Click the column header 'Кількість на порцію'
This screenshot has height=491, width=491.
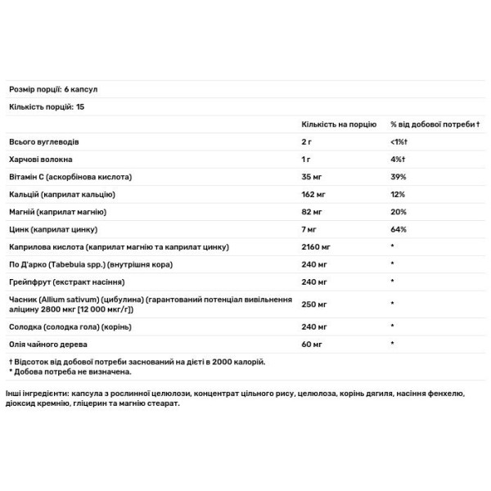(x=339, y=124)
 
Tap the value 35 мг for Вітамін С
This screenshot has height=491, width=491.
(x=312, y=176)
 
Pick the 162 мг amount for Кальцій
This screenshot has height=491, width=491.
(x=314, y=194)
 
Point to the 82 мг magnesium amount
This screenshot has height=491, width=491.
(x=312, y=211)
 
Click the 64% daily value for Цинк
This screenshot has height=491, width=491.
(x=399, y=229)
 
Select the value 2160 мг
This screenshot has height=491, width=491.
(x=317, y=246)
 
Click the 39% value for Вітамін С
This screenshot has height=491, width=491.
(x=399, y=176)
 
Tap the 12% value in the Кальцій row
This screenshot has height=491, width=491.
(x=398, y=194)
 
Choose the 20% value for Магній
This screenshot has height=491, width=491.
(x=399, y=211)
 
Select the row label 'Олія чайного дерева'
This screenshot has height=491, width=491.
(x=47, y=344)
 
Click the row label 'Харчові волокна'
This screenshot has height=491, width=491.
(x=38, y=159)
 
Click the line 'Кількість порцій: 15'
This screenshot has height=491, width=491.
(x=47, y=106)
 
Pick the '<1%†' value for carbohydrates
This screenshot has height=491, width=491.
(x=400, y=141)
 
